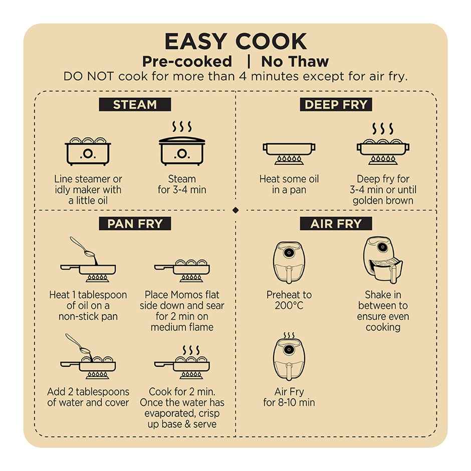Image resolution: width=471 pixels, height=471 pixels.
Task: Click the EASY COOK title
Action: (x=235, y=41)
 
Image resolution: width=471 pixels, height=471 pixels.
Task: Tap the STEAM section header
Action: (x=135, y=105)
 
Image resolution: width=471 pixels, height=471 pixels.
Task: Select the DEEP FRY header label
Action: (x=336, y=105)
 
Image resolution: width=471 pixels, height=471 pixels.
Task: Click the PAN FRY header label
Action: (x=135, y=223)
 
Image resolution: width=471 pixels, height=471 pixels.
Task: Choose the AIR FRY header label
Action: (x=336, y=223)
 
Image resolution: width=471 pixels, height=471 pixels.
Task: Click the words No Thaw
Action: (x=295, y=62)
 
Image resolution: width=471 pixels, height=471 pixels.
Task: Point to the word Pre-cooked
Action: (x=187, y=62)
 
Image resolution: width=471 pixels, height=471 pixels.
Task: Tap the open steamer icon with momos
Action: (x=88, y=151)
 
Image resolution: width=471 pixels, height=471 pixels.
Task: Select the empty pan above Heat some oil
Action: (x=289, y=154)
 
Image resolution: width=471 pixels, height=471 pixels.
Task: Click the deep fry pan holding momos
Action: (x=383, y=144)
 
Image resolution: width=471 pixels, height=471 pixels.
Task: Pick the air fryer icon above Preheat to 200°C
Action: (x=289, y=263)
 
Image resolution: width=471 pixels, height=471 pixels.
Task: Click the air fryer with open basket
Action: (x=383, y=260)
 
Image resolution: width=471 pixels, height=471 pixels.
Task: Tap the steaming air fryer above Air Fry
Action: (x=289, y=357)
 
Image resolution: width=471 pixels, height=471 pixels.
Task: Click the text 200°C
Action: (x=289, y=306)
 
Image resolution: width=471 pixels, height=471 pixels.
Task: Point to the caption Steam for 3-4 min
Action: (x=182, y=184)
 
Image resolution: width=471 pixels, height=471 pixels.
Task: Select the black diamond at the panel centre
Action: (x=235, y=210)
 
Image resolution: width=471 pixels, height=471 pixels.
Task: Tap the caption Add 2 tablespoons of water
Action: (x=88, y=397)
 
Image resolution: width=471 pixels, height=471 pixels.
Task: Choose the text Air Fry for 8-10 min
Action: (x=289, y=397)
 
